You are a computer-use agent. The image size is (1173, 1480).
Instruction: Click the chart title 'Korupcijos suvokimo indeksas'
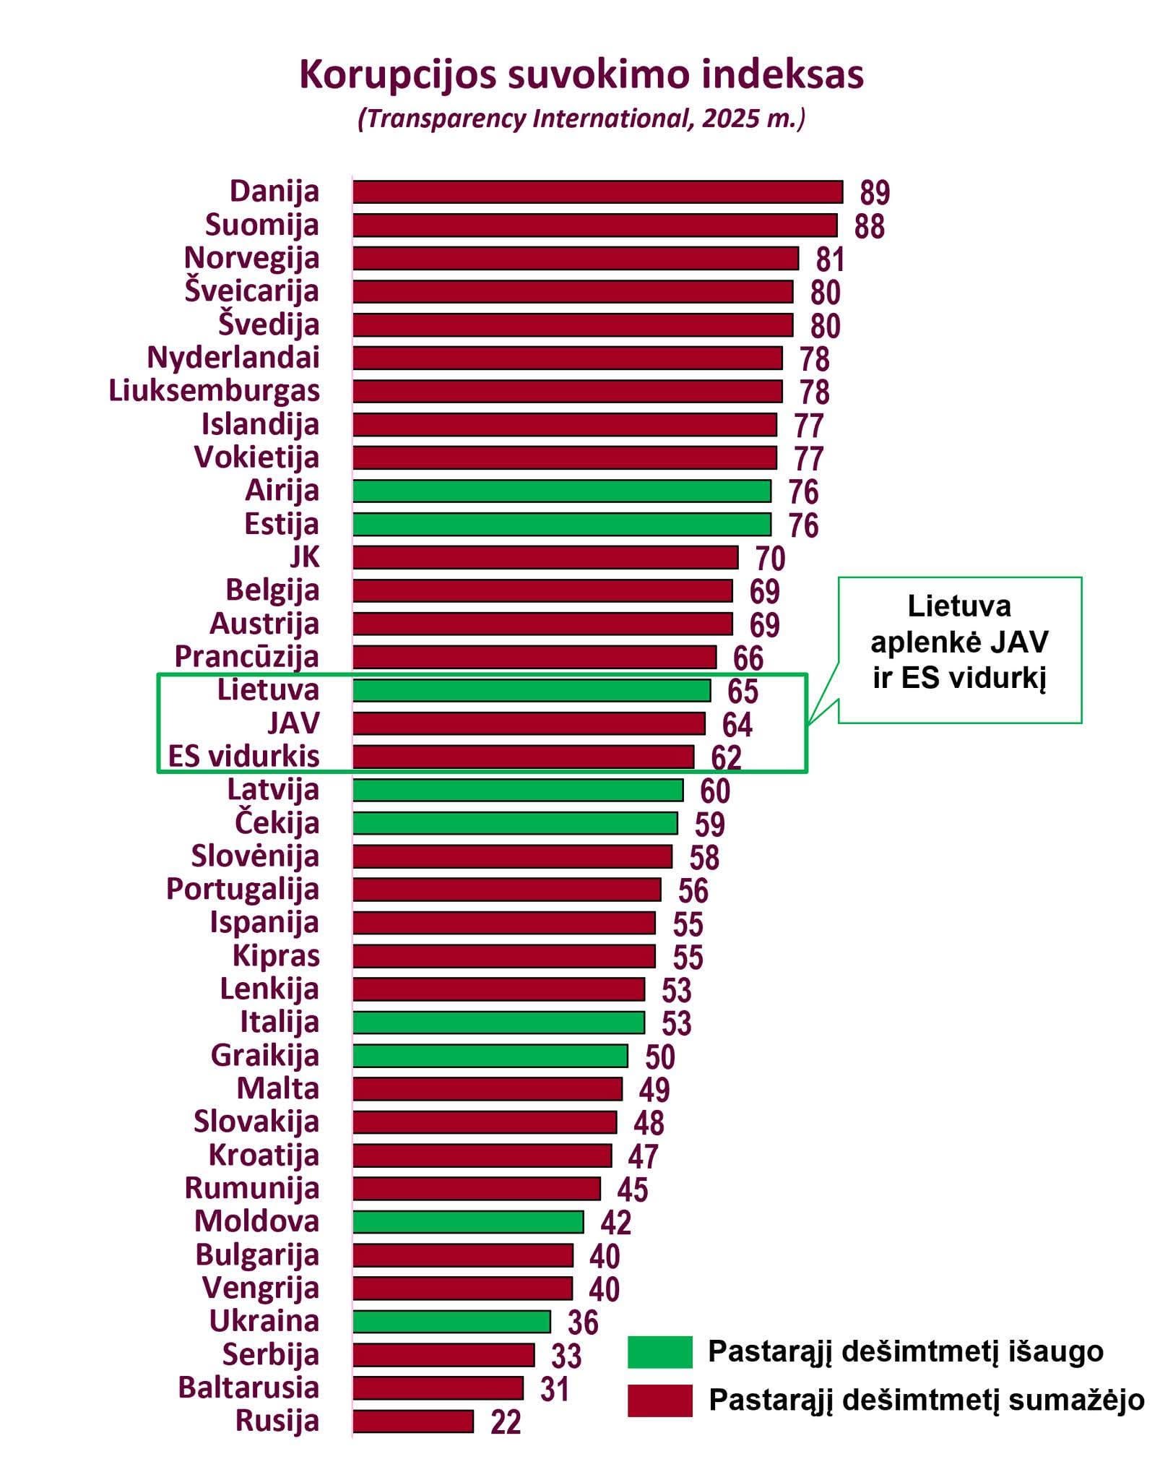coord(581,75)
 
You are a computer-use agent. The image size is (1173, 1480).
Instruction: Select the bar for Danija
coord(597,192)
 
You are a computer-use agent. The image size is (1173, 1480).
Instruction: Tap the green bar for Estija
coord(561,524)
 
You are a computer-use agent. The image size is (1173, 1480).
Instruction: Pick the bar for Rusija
coord(413,1421)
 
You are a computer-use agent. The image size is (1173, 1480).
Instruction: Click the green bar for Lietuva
coord(532,690)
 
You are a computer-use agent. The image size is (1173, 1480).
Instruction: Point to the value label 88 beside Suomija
coord(869,226)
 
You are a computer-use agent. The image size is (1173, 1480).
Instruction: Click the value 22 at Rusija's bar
coord(506,1422)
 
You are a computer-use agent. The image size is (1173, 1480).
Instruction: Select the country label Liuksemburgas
coord(214,391)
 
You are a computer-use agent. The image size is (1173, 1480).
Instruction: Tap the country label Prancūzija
coord(246,657)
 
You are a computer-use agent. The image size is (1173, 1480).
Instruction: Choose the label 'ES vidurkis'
coord(243,757)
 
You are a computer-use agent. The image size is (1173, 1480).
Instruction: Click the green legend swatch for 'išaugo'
coord(659,1352)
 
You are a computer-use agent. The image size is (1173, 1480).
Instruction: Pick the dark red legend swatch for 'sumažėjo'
coord(659,1400)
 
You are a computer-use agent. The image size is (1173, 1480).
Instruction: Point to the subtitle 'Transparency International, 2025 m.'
coord(581,119)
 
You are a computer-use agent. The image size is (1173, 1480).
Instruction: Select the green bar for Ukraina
coord(451,1322)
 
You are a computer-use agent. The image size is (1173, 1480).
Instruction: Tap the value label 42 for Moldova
coord(616,1222)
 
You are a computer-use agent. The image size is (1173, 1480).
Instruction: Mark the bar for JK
coord(545,557)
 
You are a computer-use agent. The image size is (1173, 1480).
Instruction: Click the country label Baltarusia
coord(248,1387)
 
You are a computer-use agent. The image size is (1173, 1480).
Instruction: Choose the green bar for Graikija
coord(490,1056)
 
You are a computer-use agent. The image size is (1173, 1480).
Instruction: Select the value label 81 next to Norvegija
coord(830,259)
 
